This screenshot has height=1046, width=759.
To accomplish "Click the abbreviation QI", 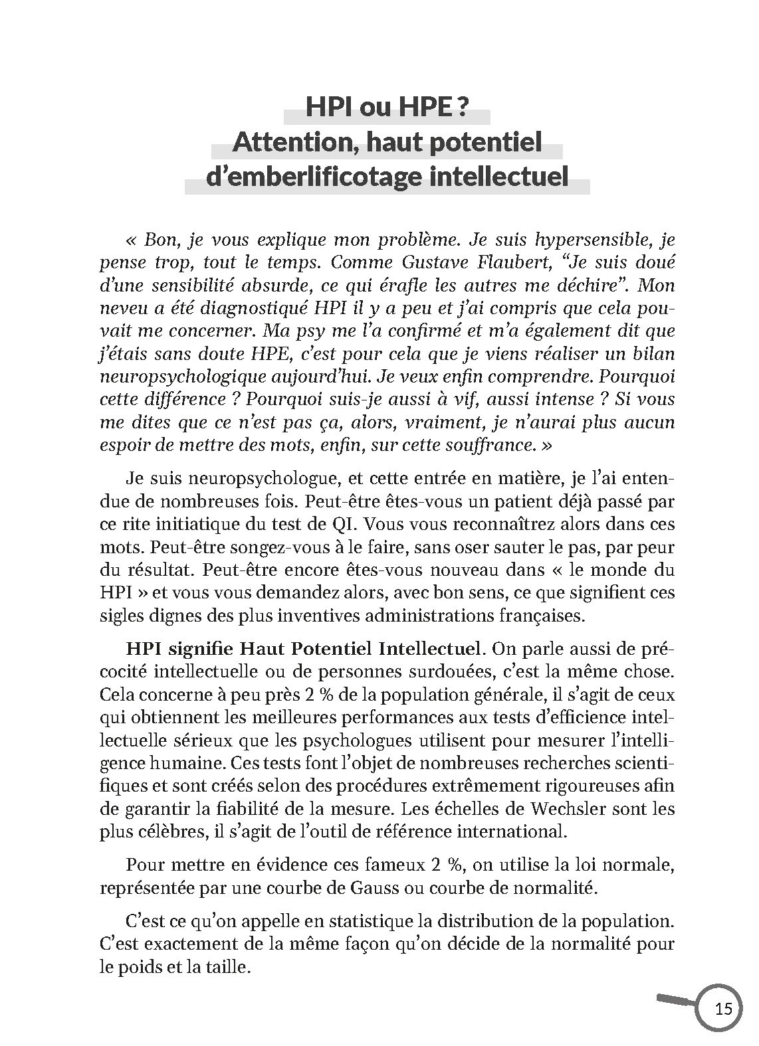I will point(346,523).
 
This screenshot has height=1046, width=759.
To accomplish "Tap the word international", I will point(513,831).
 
